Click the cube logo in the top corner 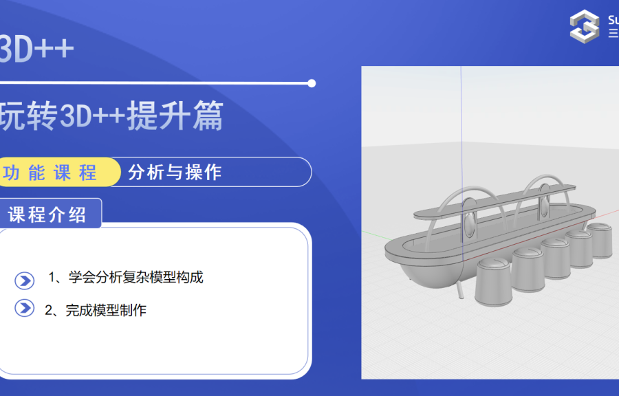pos(585,26)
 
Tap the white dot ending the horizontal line pos(312,83)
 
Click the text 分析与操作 pos(175,172)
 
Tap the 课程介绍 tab pos(48,214)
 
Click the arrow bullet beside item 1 pos(25,280)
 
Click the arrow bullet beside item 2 pos(25,308)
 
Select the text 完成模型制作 pos(106,310)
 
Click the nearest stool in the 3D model pos(492,281)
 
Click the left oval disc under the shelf pos(469,217)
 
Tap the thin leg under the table pos(461,291)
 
